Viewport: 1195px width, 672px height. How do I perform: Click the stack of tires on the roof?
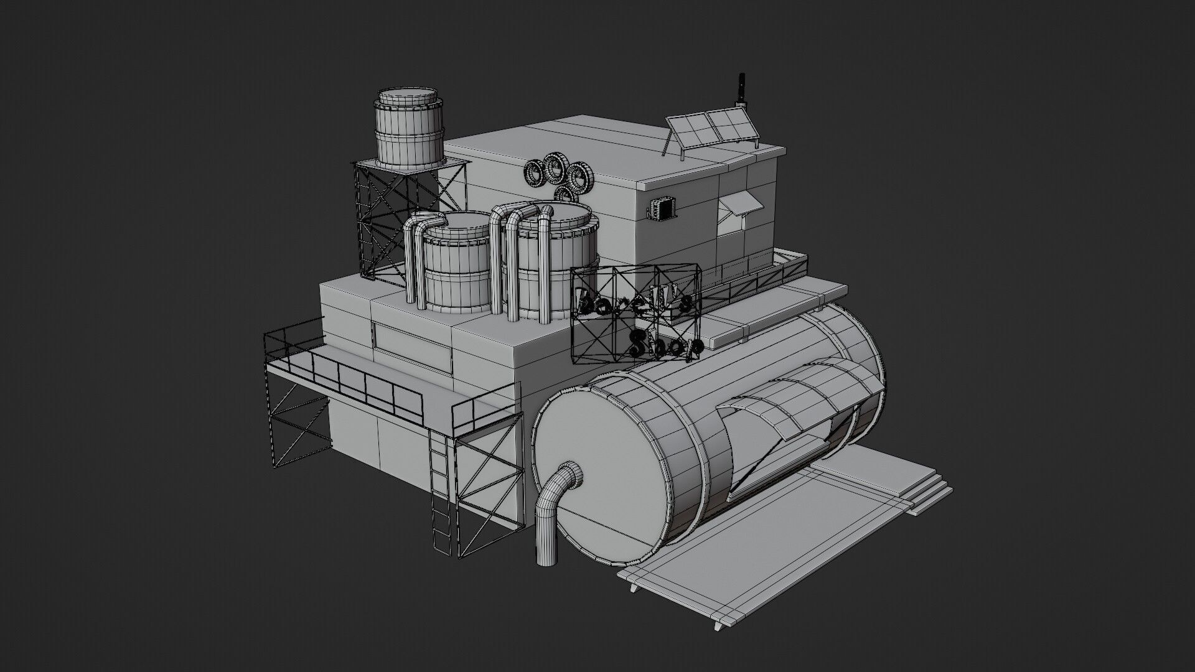[x=558, y=174]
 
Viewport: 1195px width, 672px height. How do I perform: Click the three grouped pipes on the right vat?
[x=520, y=261]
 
